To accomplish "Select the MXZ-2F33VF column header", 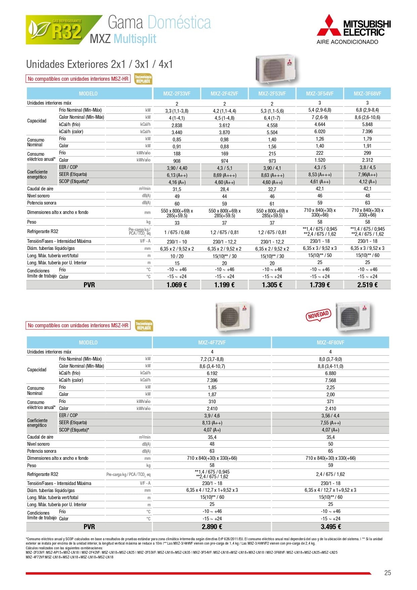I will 177,94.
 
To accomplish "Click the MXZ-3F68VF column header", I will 367,94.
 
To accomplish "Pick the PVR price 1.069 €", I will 177,285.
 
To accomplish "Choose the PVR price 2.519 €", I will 367,285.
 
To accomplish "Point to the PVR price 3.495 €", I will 331,527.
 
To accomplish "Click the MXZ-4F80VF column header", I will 331,342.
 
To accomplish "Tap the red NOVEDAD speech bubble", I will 318,316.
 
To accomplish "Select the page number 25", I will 387,573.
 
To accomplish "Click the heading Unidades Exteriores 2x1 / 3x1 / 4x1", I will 99,64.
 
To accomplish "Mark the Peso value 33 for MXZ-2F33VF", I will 177,223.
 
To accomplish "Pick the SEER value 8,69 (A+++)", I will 224,175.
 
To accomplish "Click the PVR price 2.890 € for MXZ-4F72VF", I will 212,527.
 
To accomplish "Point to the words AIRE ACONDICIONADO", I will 347,42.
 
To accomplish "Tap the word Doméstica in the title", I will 179,23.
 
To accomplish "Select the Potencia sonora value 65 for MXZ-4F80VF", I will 331,451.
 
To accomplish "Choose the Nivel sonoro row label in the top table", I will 38,196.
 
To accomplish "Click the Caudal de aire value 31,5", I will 177,189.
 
